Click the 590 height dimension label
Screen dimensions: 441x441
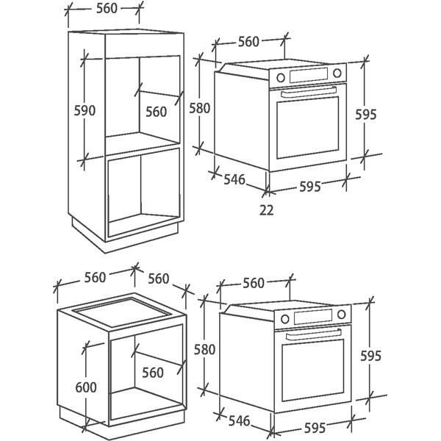coord(85,110)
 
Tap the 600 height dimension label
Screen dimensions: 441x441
coord(86,387)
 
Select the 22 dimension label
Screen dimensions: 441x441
coord(266,209)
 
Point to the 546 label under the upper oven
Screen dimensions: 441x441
coord(234,179)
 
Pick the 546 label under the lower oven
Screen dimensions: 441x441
coord(240,420)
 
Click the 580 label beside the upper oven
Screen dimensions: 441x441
coord(199,108)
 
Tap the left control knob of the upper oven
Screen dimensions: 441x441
coord(281,77)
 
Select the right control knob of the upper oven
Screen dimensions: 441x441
coord(337,73)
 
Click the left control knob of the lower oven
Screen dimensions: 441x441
coord(285,319)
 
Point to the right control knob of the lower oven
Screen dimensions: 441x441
coord(342,314)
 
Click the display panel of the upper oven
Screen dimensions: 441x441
coord(309,75)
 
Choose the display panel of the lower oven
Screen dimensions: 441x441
coord(313,316)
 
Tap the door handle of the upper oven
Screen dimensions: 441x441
coord(309,92)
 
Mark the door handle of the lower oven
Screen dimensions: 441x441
coord(314,334)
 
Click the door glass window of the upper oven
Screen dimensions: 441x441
coord(308,128)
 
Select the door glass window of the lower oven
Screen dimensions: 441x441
coord(313,370)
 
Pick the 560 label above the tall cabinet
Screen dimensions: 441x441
coord(107,8)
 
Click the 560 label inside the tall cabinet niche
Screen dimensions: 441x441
coord(157,112)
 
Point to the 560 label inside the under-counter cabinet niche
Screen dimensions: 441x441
coord(153,373)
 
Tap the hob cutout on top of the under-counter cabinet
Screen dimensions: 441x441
coord(121,312)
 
